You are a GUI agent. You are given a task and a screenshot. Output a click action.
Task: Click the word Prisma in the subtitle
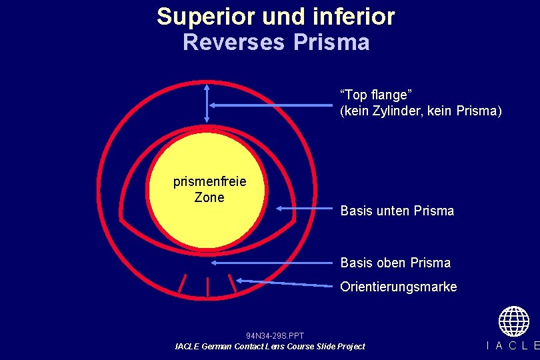pyautogui.click(x=331, y=43)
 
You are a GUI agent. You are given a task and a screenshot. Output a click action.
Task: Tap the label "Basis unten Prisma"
pyautogui.click(x=397, y=211)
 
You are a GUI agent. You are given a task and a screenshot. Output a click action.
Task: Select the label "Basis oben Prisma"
pyautogui.click(x=395, y=263)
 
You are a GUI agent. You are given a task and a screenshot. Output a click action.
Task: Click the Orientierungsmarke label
pyautogui.click(x=399, y=287)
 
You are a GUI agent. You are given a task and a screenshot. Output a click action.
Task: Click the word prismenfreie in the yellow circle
pyautogui.click(x=209, y=181)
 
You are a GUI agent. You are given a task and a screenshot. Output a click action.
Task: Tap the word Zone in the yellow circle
pyautogui.click(x=209, y=197)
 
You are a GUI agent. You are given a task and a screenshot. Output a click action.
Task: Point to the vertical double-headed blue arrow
pyautogui.click(x=207, y=104)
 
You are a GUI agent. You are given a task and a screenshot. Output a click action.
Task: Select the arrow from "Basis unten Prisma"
pyautogui.click(x=304, y=208)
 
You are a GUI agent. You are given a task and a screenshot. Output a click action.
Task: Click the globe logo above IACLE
pyautogui.click(x=513, y=321)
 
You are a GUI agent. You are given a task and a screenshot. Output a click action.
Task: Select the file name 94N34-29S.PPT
pyautogui.click(x=275, y=336)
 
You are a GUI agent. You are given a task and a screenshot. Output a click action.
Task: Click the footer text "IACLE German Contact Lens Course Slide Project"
pyautogui.click(x=270, y=347)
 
